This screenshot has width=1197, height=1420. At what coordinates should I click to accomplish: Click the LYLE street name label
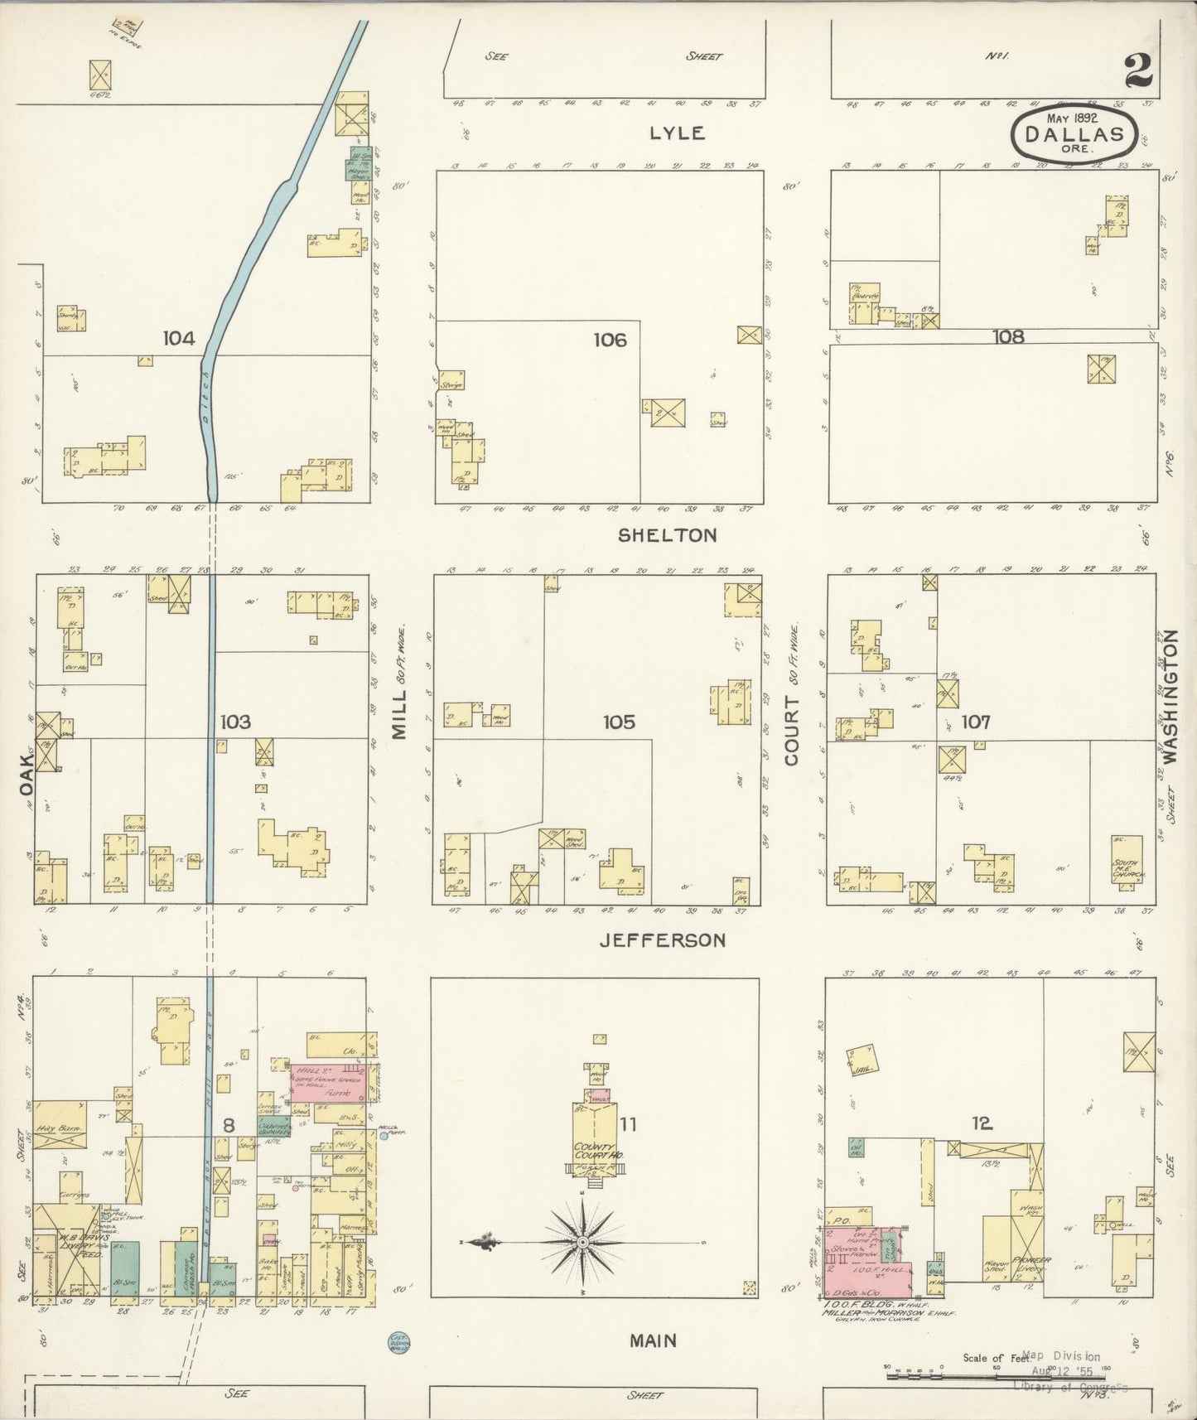click(676, 133)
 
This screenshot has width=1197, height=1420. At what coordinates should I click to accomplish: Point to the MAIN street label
click(653, 1340)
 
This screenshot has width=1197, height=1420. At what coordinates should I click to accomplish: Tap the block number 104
click(179, 338)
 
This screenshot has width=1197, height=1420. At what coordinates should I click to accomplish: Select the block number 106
click(610, 340)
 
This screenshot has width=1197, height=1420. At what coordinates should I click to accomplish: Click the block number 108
click(1007, 336)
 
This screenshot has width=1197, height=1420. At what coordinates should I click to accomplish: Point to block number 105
click(619, 722)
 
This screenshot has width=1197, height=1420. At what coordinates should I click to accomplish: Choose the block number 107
click(975, 722)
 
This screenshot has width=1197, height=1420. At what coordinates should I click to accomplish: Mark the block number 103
click(235, 722)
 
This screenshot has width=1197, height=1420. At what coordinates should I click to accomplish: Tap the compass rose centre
click(583, 1244)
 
